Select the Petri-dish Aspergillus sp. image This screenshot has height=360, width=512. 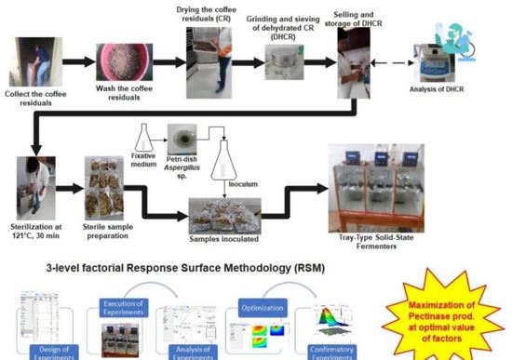182,140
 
